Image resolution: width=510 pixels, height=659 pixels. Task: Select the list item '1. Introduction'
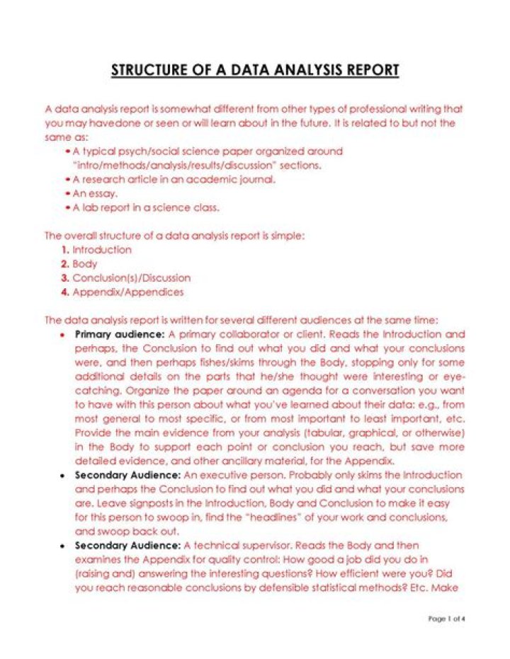tap(96, 250)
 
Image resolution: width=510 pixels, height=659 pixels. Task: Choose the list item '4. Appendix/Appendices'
tap(122, 292)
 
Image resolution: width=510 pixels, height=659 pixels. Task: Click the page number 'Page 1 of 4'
tap(447, 619)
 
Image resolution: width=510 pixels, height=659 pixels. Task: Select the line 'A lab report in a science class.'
tap(145, 207)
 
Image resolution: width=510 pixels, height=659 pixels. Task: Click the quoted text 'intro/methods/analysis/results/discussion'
tap(185, 165)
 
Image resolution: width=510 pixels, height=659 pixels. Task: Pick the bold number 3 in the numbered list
tap(65, 278)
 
